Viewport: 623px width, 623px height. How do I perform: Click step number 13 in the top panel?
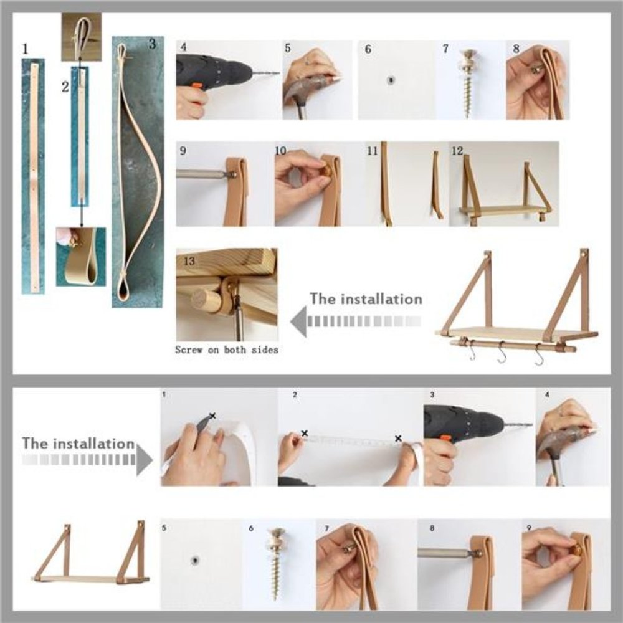189,261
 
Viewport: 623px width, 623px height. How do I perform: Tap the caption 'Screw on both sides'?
227,350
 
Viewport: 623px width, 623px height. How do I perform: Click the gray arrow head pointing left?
299,321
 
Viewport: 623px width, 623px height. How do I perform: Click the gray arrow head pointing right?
145,460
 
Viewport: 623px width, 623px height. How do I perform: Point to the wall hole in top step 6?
391,80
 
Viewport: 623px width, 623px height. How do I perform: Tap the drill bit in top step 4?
265,73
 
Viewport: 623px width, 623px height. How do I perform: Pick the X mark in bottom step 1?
212,416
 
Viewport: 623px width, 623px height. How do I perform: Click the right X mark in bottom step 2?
398,438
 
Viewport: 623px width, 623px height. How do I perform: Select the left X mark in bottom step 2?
305,433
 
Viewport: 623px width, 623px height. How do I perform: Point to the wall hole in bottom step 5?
194,561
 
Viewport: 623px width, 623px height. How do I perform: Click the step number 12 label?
457,151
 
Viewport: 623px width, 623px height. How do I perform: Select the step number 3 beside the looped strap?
152,44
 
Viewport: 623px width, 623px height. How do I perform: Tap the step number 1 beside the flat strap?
26,49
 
